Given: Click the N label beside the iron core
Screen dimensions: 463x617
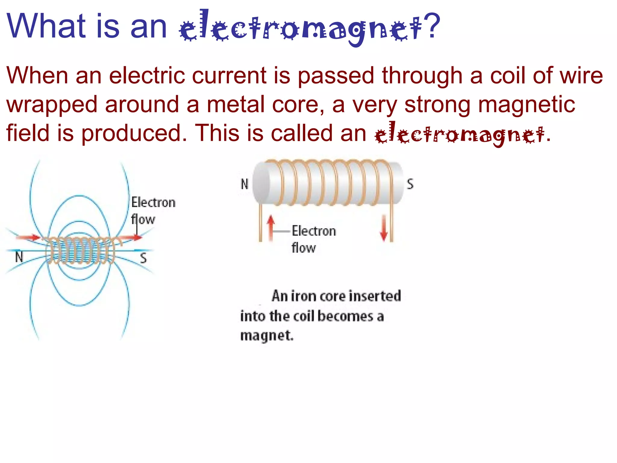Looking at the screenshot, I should click(x=245, y=184).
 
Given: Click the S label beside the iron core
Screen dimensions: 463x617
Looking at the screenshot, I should click(x=410, y=184).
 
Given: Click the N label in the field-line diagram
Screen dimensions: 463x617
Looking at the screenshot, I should click(x=19, y=257).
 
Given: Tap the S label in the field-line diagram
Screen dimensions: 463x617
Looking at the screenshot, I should click(x=143, y=258).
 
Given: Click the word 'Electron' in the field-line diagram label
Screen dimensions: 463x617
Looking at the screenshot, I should click(x=153, y=202).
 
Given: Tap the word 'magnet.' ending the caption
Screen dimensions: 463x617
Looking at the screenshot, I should click(x=267, y=335).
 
